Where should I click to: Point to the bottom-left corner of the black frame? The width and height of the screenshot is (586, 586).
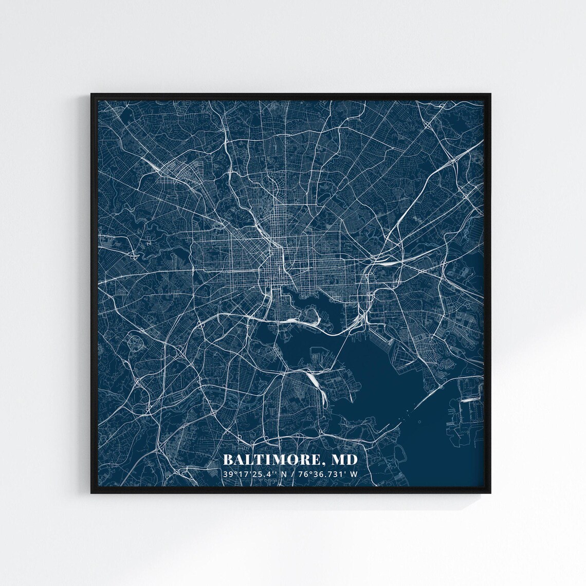(x=91, y=493)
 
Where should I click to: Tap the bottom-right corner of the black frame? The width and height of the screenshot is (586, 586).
(x=492, y=493)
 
